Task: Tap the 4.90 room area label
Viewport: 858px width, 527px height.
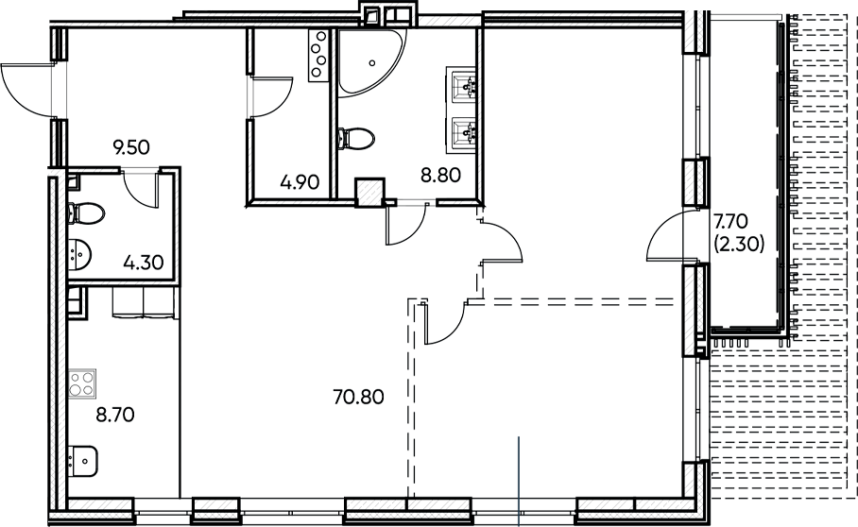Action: coord(300,182)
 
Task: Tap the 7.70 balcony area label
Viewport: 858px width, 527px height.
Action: coord(731,221)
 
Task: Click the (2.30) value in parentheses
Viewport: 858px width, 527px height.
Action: coord(739,241)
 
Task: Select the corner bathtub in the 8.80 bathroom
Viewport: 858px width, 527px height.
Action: coord(368,62)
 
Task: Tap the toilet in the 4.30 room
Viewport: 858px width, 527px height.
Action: coord(85,212)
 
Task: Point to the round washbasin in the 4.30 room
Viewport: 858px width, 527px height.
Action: coord(82,253)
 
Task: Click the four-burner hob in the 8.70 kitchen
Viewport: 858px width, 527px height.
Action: coord(81,384)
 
